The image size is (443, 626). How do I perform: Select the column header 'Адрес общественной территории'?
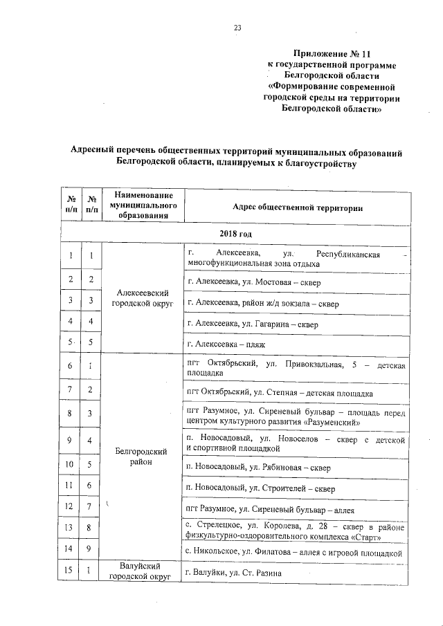tap(298, 207)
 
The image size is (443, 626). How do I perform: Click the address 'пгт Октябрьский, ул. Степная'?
tap(280, 393)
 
